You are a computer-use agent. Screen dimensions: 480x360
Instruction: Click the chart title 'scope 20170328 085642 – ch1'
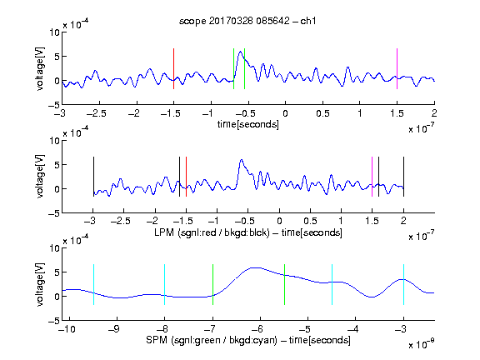pyautogui.click(x=247, y=21)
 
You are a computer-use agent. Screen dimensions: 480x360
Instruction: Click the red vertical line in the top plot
pyautogui.click(x=173, y=68)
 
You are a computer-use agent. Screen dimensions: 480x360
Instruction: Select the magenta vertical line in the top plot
pyautogui.click(x=397, y=68)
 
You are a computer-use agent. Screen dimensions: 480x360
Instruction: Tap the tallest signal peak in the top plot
pyautogui.click(x=240, y=52)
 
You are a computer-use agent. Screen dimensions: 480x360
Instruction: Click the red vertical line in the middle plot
pyautogui.click(x=186, y=177)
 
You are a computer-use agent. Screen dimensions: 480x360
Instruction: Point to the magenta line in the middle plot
pyautogui.click(x=372, y=177)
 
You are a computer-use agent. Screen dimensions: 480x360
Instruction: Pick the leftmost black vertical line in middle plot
pyautogui.click(x=93, y=177)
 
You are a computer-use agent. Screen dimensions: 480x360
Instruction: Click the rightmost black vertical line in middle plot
pyautogui.click(x=403, y=177)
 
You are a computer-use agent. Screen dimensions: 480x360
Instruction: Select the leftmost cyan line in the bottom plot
pyautogui.click(x=93, y=284)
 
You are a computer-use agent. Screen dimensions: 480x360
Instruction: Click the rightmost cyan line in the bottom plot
pyautogui.click(x=403, y=284)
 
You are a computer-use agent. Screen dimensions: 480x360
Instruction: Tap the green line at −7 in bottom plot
pyautogui.click(x=212, y=284)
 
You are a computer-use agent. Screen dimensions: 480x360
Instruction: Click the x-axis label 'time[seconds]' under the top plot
pyautogui.click(x=248, y=124)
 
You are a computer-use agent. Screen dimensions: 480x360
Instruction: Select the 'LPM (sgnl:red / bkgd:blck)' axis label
pyautogui.click(x=212, y=232)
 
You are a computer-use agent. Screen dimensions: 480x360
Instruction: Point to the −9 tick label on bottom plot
pyautogui.click(x=114, y=329)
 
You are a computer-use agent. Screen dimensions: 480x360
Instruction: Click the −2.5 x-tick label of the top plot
pyautogui.click(x=96, y=113)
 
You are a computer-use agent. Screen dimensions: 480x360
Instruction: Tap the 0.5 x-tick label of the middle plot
pyautogui.click(x=310, y=221)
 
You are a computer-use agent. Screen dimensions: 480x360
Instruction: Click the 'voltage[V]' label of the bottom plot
pyautogui.click(x=40, y=284)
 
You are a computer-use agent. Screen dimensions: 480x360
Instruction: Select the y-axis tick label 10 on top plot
pyautogui.click(x=54, y=32)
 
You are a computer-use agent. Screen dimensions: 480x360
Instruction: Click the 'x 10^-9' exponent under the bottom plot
pyautogui.click(x=421, y=343)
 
